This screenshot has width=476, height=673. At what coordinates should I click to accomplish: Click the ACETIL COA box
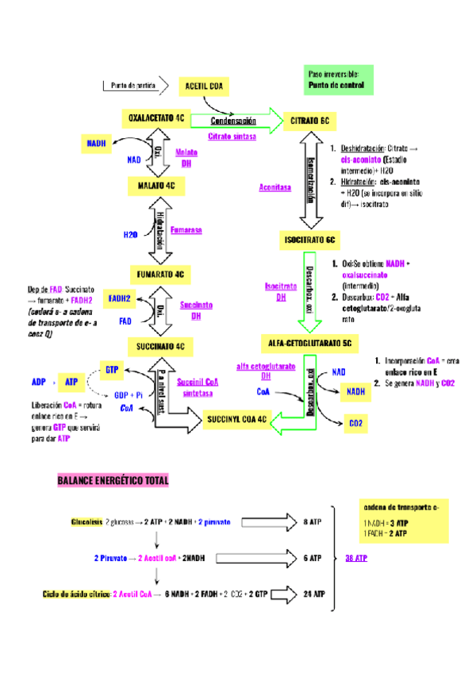(205, 86)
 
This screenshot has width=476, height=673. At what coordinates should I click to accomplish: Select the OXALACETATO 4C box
(156, 118)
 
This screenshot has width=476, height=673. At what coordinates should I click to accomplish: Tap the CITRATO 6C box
(309, 120)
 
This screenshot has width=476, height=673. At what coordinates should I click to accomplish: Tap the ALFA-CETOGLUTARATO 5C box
(310, 342)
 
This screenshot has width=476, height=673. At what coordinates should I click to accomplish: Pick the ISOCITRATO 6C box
(310, 239)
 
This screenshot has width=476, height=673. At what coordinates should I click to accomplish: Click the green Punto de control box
(337, 79)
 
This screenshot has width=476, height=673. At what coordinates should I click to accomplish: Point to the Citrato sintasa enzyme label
(232, 137)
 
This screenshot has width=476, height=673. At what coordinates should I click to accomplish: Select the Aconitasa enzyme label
(275, 187)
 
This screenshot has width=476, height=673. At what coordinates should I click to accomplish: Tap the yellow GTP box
(111, 370)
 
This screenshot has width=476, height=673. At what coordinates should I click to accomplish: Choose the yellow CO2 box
(355, 424)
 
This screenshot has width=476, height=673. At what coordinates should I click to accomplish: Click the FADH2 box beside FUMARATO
(120, 298)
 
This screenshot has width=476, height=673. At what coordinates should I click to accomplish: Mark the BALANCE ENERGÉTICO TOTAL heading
(113, 481)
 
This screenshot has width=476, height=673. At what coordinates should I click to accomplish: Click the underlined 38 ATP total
(356, 558)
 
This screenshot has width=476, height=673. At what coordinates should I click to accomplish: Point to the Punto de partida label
(133, 86)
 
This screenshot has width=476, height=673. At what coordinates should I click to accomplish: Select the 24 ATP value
(313, 594)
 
